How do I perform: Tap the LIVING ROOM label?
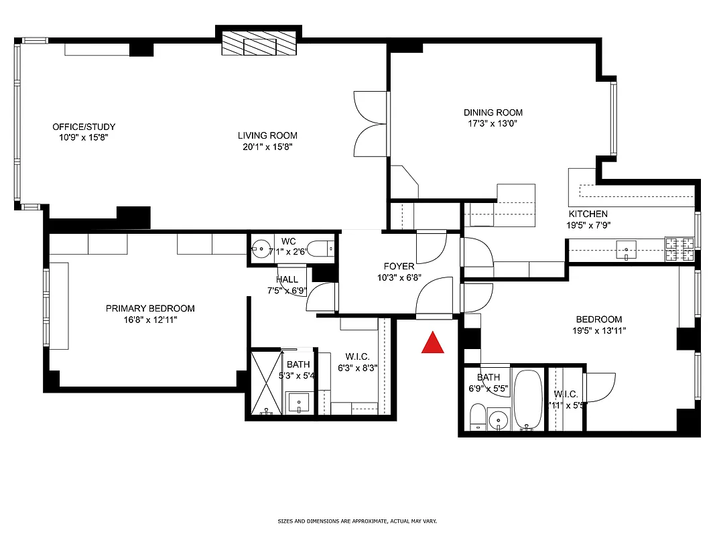click(267, 135)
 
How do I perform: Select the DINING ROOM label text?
click(493, 113)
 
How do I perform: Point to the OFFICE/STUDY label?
click(84, 127)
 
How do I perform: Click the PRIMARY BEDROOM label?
click(150, 308)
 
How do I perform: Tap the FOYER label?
click(399, 266)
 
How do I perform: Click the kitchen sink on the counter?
click(627, 252)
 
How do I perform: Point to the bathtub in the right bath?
click(527, 400)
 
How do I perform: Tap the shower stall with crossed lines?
click(266, 383)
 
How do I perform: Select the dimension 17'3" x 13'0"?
click(493, 123)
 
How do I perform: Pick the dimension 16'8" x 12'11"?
click(150, 320)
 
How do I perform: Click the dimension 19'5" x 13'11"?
click(597, 330)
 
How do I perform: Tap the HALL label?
click(287, 279)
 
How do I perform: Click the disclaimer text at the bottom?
click(357, 521)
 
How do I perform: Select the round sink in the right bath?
click(497, 421)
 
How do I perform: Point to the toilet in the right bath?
click(476, 417)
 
